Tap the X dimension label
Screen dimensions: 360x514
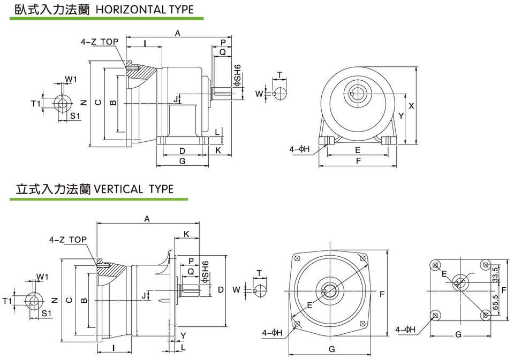[x=411, y=106]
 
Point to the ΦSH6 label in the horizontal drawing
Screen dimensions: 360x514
[x=238, y=75]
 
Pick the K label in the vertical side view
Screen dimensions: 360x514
[x=186, y=234]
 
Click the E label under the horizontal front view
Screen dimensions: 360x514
[x=357, y=150]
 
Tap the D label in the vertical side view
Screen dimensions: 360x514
[x=221, y=290]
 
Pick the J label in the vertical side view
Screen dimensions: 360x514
[x=143, y=294]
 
